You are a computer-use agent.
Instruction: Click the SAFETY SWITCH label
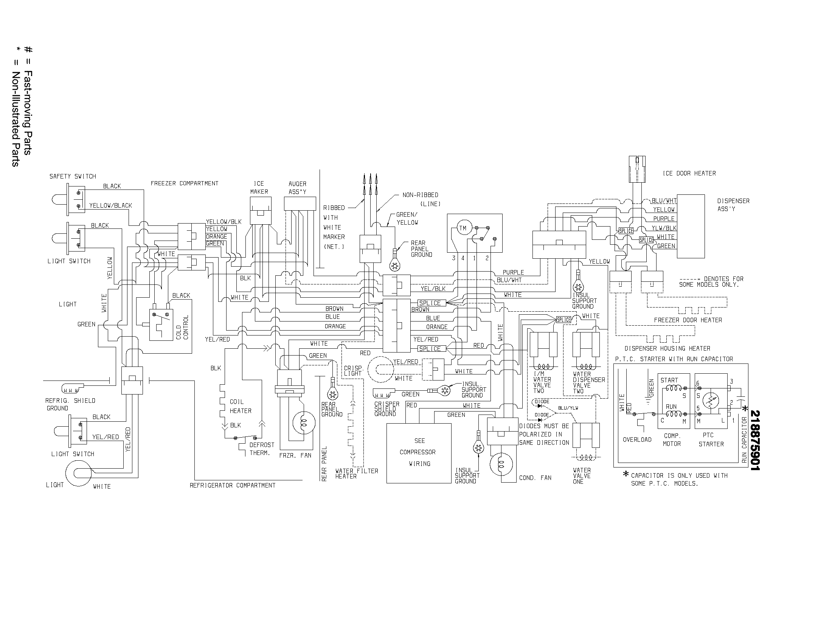tap(72, 176)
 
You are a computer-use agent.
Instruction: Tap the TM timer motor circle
tap(463, 228)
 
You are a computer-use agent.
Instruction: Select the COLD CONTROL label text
tap(182, 327)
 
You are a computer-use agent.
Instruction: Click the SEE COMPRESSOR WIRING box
tap(419, 452)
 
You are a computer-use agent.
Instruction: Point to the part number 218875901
tap(754, 440)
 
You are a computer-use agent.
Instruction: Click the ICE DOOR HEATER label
tap(689, 173)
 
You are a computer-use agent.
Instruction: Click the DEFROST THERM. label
tap(262, 449)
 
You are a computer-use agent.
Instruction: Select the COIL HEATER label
tap(241, 406)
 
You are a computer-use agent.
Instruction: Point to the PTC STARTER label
tap(711, 440)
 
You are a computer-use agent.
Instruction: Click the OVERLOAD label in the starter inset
tap(637, 440)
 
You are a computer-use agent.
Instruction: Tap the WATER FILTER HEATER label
tap(357, 474)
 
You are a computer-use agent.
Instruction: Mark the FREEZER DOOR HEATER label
tap(688, 320)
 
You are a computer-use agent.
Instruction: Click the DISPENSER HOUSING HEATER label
tap(667, 349)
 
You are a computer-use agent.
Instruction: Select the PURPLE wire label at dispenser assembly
tap(664, 219)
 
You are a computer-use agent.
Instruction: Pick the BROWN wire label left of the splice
tap(334, 309)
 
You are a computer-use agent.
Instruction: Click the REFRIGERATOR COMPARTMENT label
tap(232, 485)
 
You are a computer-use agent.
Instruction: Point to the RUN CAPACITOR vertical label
tap(744, 440)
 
